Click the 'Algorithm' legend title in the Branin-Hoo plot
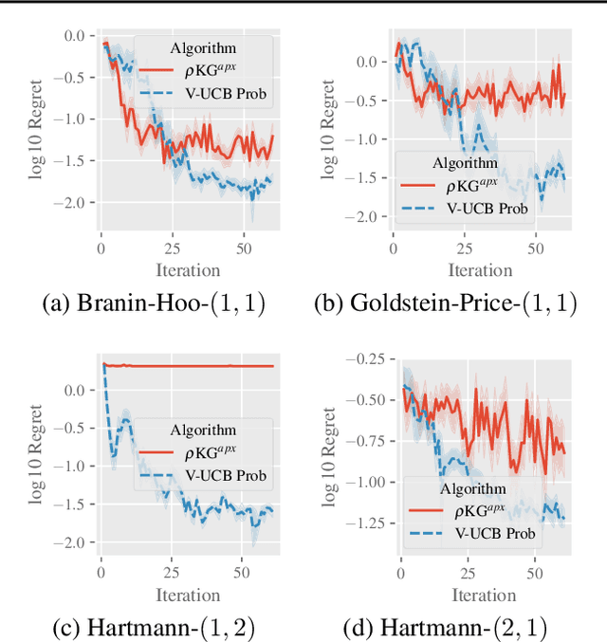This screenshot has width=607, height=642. [x=205, y=47]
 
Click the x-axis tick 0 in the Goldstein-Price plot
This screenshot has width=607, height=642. [x=394, y=249]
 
